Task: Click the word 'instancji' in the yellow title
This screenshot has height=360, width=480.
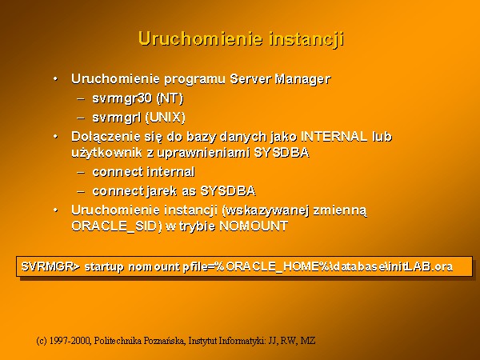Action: [306, 39]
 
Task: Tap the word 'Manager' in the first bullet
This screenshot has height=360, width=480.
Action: [302, 79]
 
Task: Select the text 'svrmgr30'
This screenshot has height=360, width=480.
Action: [122, 99]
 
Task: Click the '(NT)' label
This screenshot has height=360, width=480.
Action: [170, 98]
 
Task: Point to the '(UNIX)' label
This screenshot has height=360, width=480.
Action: [165, 118]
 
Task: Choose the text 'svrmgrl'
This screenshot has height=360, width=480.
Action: [117, 118]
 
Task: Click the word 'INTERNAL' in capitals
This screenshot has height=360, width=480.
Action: [334, 137]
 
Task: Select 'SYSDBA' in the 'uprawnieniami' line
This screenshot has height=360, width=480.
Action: [282, 153]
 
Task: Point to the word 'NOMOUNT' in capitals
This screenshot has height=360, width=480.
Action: [254, 226]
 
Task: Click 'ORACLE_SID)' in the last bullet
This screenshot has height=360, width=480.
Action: [117, 226]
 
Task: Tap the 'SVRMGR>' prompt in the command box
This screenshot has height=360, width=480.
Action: [50, 266]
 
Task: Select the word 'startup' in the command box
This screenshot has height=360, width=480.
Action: [104, 267]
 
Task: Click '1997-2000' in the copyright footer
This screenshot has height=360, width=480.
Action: [70, 341]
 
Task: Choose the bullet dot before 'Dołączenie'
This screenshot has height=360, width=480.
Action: [55, 137]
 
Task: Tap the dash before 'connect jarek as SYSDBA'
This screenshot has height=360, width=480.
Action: [81, 192]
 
